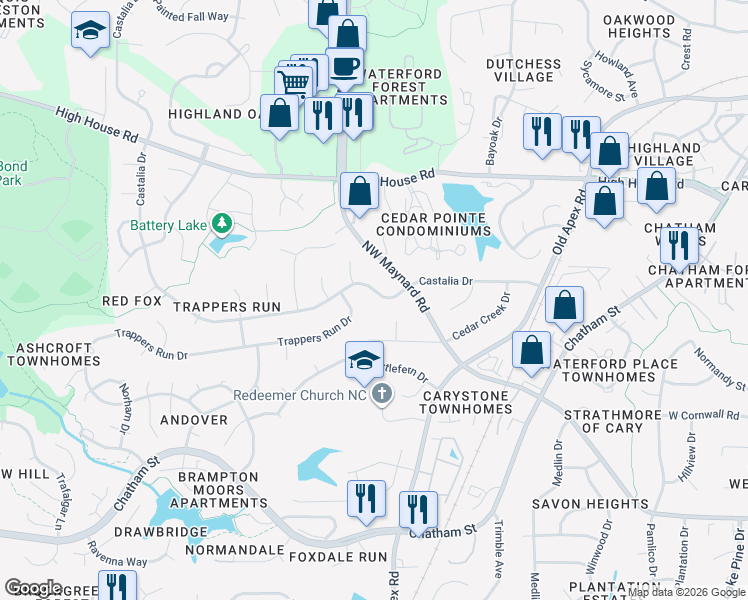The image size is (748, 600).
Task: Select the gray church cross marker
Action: pyautogui.click(x=381, y=396)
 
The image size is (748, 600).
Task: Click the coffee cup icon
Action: pyautogui.click(x=345, y=66)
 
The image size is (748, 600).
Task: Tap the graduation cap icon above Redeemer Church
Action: pyautogui.click(x=365, y=358)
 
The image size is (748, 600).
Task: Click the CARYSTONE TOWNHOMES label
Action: pyautogui.click(x=466, y=403)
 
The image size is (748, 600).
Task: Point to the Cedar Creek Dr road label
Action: pyautogui.click(x=481, y=316)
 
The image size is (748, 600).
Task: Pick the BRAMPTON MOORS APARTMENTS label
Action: pyautogui.click(x=211, y=490)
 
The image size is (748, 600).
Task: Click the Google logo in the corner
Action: pyautogui.click(x=33, y=588)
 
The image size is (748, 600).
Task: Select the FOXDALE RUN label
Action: pyautogui.click(x=337, y=556)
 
